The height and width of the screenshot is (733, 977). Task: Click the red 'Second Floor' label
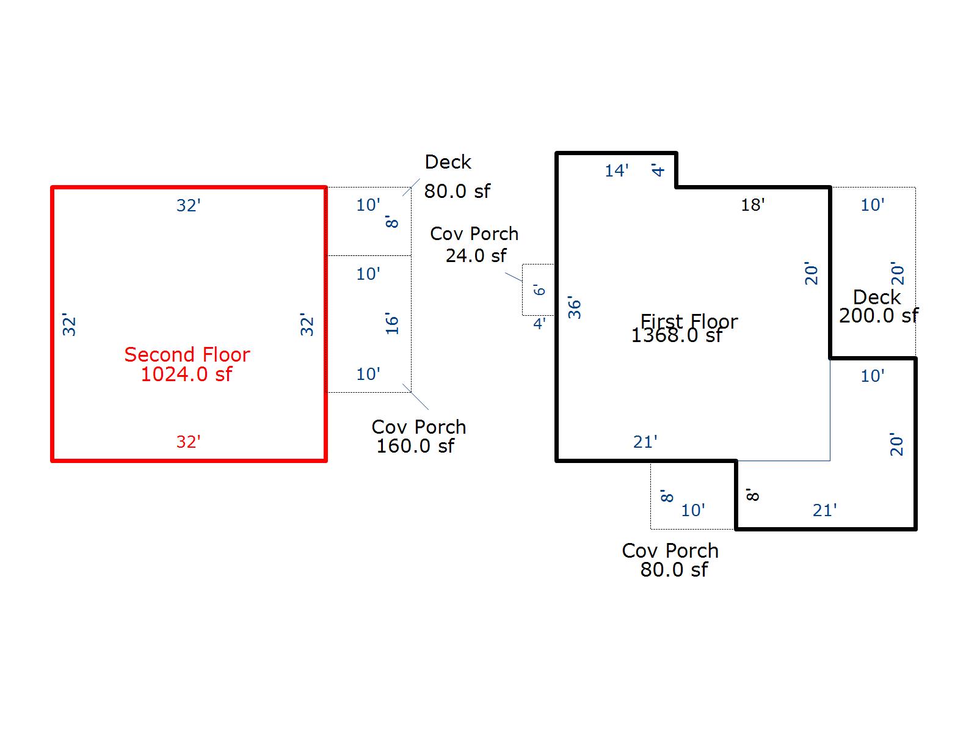click(x=187, y=354)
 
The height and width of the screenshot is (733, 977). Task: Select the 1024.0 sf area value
click(x=186, y=374)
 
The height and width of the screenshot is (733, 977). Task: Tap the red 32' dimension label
click(x=188, y=442)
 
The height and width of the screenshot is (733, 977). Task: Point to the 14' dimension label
click(x=616, y=171)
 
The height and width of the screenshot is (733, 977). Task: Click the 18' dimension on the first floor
click(x=752, y=205)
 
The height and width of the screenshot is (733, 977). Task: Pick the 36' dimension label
click(x=575, y=308)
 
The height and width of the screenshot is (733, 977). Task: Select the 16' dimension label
click(x=392, y=323)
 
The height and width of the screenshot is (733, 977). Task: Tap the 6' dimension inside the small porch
click(x=539, y=290)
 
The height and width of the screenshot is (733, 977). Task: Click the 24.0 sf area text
click(x=476, y=255)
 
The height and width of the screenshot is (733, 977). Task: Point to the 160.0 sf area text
click(x=415, y=446)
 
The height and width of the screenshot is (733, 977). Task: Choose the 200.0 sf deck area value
click(x=878, y=316)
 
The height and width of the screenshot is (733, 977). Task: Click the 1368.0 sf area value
click(x=677, y=335)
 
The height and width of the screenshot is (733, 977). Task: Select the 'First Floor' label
click(x=689, y=321)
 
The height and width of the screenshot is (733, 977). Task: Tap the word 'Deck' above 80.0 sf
click(x=448, y=162)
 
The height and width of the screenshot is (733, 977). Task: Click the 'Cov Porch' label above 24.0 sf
click(x=474, y=233)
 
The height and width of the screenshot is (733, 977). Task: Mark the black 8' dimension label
click(x=753, y=494)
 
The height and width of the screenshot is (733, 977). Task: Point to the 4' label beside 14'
click(x=658, y=169)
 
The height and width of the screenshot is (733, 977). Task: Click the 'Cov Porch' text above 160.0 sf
click(x=418, y=426)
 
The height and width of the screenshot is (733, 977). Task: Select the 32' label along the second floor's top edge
click(x=188, y=205)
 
